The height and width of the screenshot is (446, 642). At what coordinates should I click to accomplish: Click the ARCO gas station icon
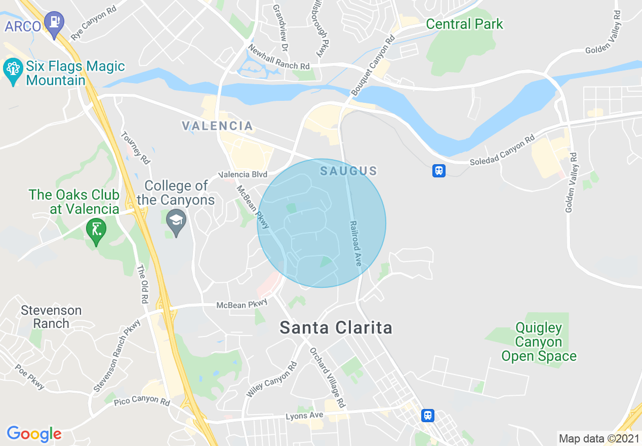pos(54,22)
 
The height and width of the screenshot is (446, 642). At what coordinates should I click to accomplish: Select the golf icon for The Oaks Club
pos(96,230)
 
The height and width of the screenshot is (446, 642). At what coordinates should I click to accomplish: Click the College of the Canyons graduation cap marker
pos(176,221)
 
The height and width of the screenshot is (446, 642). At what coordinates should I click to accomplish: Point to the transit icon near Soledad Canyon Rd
pos(439,170)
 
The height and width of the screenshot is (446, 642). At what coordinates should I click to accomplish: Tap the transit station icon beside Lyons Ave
pos(428,416)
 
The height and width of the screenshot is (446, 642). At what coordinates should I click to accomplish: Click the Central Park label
pos(464,24)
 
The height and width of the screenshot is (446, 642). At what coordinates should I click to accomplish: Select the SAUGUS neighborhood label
pos(348,171)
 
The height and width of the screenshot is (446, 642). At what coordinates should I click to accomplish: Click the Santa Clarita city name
pos(336,327)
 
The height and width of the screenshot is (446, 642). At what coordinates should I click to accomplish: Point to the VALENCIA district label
pos(217,126)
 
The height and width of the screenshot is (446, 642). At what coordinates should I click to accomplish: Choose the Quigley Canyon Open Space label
pos(539,342)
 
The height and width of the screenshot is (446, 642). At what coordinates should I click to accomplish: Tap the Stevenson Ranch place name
pos(51,316)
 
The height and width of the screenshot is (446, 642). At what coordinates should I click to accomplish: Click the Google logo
pos(34,434)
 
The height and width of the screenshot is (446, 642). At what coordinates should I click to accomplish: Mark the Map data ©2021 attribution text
pos(598,438)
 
